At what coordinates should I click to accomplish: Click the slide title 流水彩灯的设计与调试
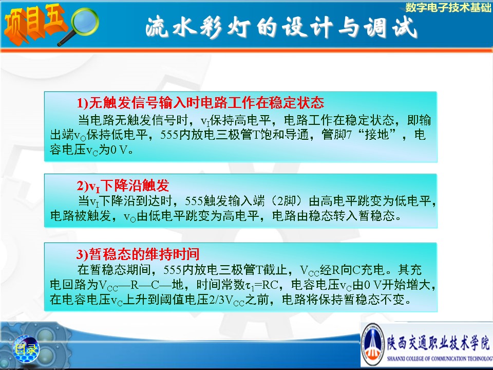click(x=281, y=27)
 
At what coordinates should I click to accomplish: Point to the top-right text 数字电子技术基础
click(x=448, y=7)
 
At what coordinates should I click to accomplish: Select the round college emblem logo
click(x=373, y=344)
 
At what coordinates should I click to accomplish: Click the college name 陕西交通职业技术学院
click(x=438, y=342)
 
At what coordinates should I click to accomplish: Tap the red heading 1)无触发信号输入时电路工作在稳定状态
click(x=200, y=103)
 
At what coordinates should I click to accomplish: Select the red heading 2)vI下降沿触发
click(x=123, y=186)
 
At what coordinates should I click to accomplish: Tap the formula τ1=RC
click(x=261, y=285)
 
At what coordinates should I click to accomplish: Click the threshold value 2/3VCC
click(x=226, y=300)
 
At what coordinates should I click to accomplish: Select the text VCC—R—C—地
click(x=141, y=285)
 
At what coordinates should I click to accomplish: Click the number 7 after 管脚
click(x=349, y=135)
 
